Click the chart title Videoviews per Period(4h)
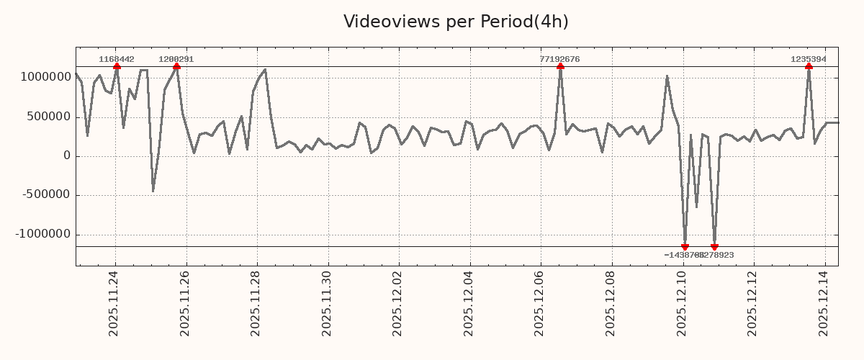coord(456,22)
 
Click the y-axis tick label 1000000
coord(44,78)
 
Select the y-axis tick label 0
coord(67,156)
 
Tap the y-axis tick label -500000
coord(45,195)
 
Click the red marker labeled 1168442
coord(117,66)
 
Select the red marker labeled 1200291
coord(176,66)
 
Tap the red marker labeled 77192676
coord(560,66)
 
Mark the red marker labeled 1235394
coord(809,66)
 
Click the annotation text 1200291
coord(176,59)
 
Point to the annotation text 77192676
coord(559,59)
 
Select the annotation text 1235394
coord(809,59)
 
